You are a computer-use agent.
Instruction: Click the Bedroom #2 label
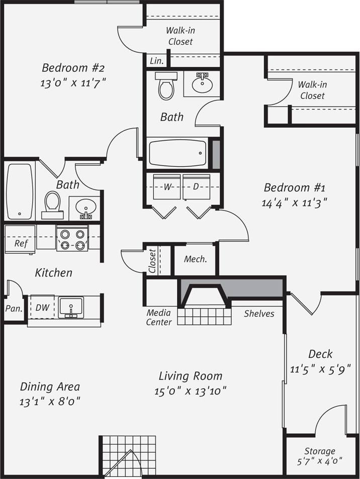(x=73, y=67)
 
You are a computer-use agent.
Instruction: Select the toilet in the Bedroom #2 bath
(x=52, y=202)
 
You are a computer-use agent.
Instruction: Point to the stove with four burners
(x=72, y=239)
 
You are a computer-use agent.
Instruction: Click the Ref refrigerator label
(x=21, y=243)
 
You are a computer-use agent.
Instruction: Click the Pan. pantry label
(x=13, y=309)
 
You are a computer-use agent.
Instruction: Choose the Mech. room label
(x=195, y=259)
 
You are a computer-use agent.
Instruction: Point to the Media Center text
(x=159, y=318)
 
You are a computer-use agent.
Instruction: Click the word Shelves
(x=259, y=314)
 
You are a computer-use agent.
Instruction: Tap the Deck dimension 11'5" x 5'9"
(x=320, y=369)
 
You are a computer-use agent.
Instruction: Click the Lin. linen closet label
(x=156, y=61)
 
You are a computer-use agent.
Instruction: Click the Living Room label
(x=190, y=376)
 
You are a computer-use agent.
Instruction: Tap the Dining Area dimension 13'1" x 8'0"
(x=50, y=402)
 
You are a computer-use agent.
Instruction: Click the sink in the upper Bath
(x=202, y=83)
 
